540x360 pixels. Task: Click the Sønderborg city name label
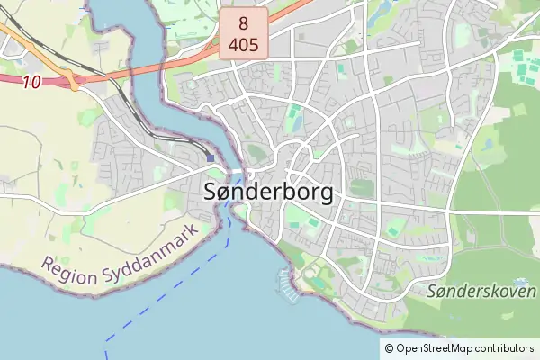[x=269, y=192]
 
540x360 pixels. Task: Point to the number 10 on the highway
[x=33, y=81]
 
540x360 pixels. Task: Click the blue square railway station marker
[x=210, y=157]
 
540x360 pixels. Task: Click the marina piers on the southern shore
[x=287, y=283]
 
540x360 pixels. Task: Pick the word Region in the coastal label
[x=67, y=273]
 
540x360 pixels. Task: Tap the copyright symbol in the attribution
[x=390, y=348]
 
